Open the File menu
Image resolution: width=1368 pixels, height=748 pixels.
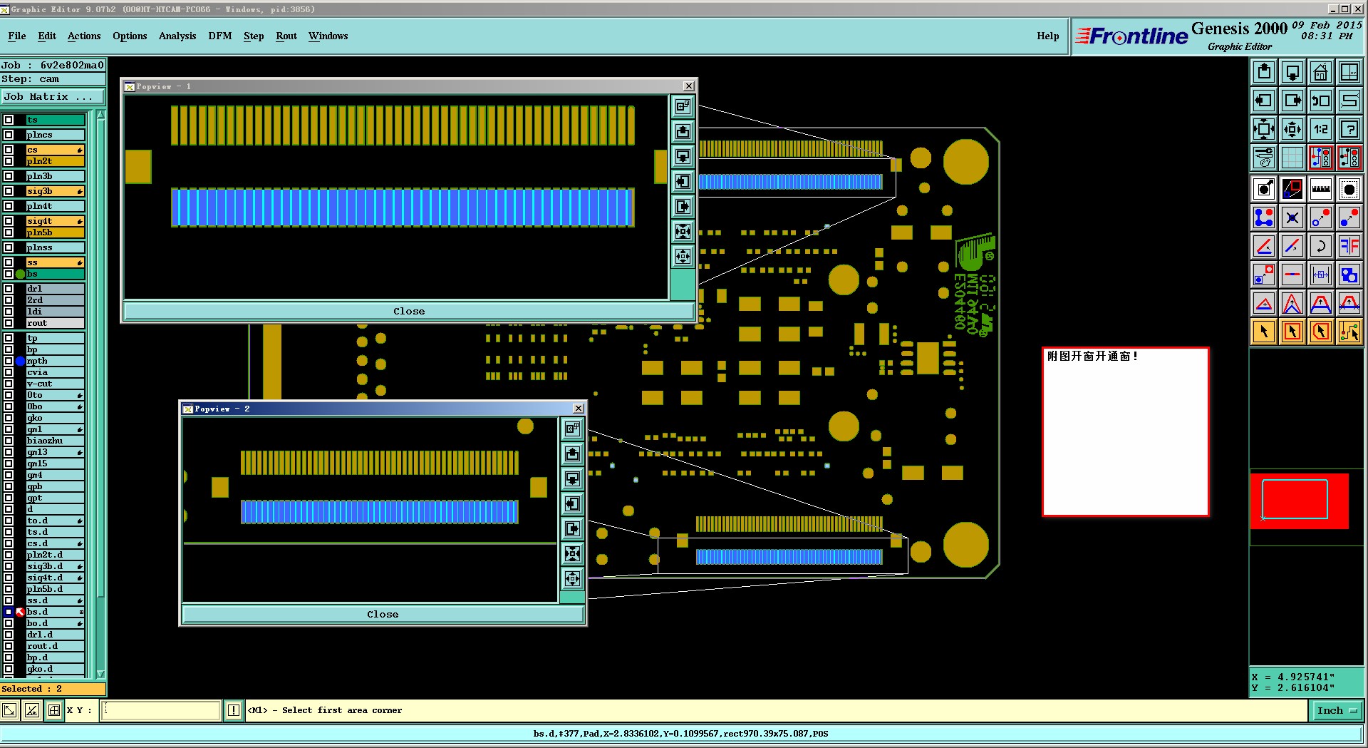(17, 36)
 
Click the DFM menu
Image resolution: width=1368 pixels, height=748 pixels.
(219, 36)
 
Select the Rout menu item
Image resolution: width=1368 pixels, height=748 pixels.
(286, 36)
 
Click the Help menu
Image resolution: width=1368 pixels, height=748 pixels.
(1047, 36)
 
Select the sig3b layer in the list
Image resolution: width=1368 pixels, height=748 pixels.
(54, 191)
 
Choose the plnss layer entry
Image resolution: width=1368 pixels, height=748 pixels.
(54, 247)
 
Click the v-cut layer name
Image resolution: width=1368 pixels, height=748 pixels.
(54, 384)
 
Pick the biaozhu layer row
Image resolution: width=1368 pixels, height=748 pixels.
(54, 441)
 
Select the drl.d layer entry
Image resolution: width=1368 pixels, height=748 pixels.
(54, 635)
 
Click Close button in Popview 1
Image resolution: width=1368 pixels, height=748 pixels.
(408, 312)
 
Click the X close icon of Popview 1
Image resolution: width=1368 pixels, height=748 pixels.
(688, 86)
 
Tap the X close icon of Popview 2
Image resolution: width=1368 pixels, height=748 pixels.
(578, 409)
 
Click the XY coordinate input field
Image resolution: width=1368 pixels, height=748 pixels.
(160, 710)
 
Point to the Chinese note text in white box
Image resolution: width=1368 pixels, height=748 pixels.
(1092, 357)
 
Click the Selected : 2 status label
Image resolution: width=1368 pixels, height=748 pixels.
(32, 689)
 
